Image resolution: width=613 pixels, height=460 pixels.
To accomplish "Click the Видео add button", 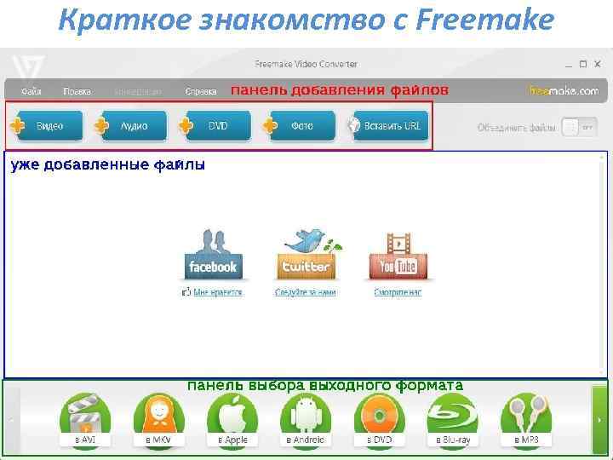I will point(43,126).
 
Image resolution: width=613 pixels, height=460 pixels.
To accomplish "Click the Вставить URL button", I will point(387,126).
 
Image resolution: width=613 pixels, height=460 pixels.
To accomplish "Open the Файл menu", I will point(32,90).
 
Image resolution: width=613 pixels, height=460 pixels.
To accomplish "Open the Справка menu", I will point(200,90).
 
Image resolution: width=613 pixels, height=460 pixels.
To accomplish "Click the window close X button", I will point(597,64).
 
